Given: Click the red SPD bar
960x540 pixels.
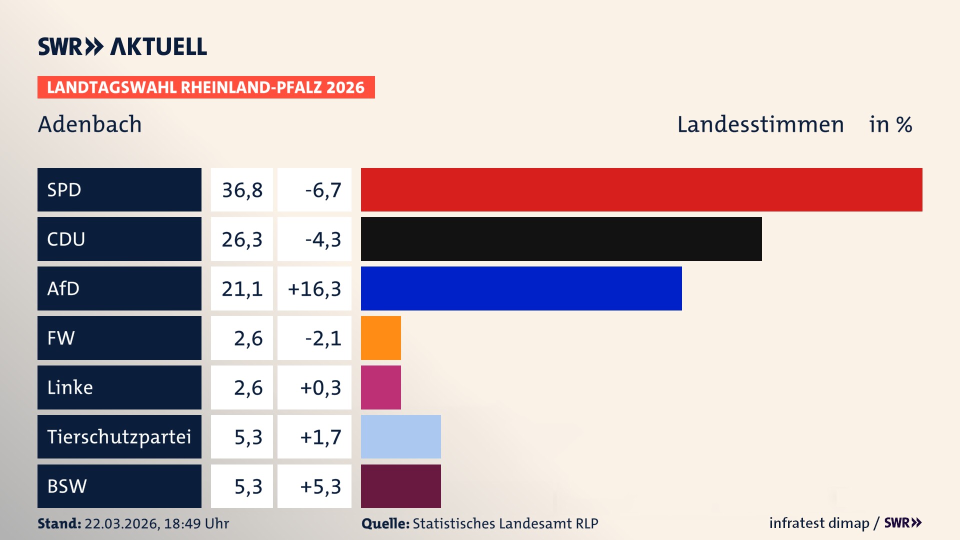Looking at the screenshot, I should pos(641,189).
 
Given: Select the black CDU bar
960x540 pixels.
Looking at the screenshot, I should pos(561,239).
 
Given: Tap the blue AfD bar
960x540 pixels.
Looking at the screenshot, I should pos(521,288).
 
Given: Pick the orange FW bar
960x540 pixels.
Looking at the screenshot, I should pos(380,338).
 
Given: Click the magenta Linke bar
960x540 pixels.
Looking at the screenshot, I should pos(380,387).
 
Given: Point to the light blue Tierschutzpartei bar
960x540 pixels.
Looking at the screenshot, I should pos(400,436).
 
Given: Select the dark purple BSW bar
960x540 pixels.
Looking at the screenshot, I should pos(400,486).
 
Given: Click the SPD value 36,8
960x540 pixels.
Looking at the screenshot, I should pos(242,190).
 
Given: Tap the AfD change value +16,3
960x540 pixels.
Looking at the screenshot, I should pos(314,289).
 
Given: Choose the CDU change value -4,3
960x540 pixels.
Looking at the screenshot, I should pos(322,239).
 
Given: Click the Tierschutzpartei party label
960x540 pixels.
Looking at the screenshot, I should pos(119,436).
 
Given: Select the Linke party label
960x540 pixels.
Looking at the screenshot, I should pos(70,387).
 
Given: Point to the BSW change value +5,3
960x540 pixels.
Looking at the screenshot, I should pos(320,486).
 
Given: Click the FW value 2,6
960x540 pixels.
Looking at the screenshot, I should pos(248,338).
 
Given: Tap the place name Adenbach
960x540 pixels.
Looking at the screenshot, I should pos(90,124).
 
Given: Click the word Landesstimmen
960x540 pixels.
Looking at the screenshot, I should pos(760,124).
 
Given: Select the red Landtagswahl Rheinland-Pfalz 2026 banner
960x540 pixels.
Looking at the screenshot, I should pos(206,87).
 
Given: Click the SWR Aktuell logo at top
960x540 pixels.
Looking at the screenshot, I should pos(122,46).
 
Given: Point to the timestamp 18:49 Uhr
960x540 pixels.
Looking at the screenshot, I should pos(196,523).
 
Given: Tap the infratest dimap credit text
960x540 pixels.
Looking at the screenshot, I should pos(819,523).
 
